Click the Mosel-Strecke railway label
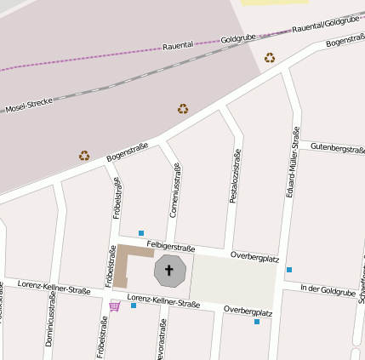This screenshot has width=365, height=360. [x=29, y=106]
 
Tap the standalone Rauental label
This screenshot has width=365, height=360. [x=179, y=46]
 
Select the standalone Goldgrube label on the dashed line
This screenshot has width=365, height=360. [x=237, y=39]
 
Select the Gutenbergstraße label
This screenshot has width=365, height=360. [x=337, y=148]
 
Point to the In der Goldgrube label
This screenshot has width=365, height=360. [x=328, y=290]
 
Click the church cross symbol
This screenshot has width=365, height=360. [x=168, y=272]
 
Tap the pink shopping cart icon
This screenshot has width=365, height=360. [x=114, y=306]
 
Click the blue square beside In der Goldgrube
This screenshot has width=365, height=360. [x=289, y=270]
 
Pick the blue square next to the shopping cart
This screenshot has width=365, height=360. [x=134, y=305]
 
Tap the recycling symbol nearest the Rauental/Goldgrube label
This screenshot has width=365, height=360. [x=270, y=58]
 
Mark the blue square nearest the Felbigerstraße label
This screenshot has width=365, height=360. [x=141, y=232]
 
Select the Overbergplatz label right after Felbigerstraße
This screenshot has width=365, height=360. [x=255, y=255]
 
